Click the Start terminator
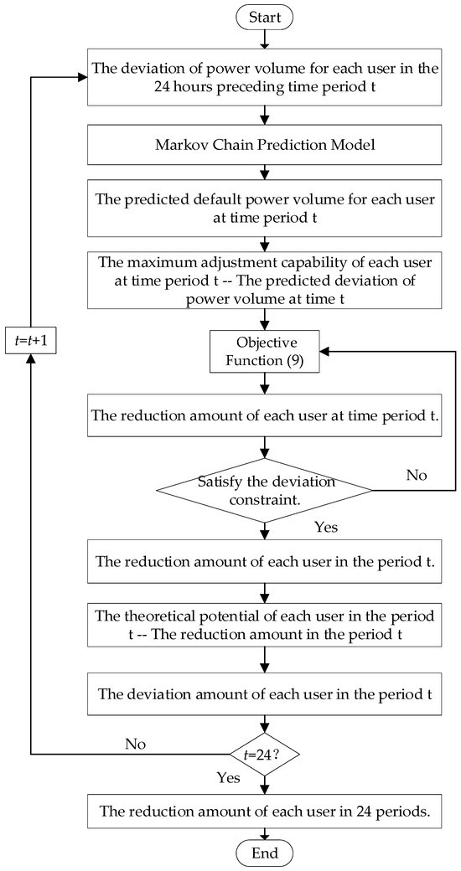coord(265,16)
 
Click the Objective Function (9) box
coord(265,352)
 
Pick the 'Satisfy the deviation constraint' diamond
coord(265,489)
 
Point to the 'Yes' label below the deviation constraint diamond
coord(326,528)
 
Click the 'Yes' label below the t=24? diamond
coord(228,777)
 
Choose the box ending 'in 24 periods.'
coord(265,811)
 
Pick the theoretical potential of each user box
coord(265,624)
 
